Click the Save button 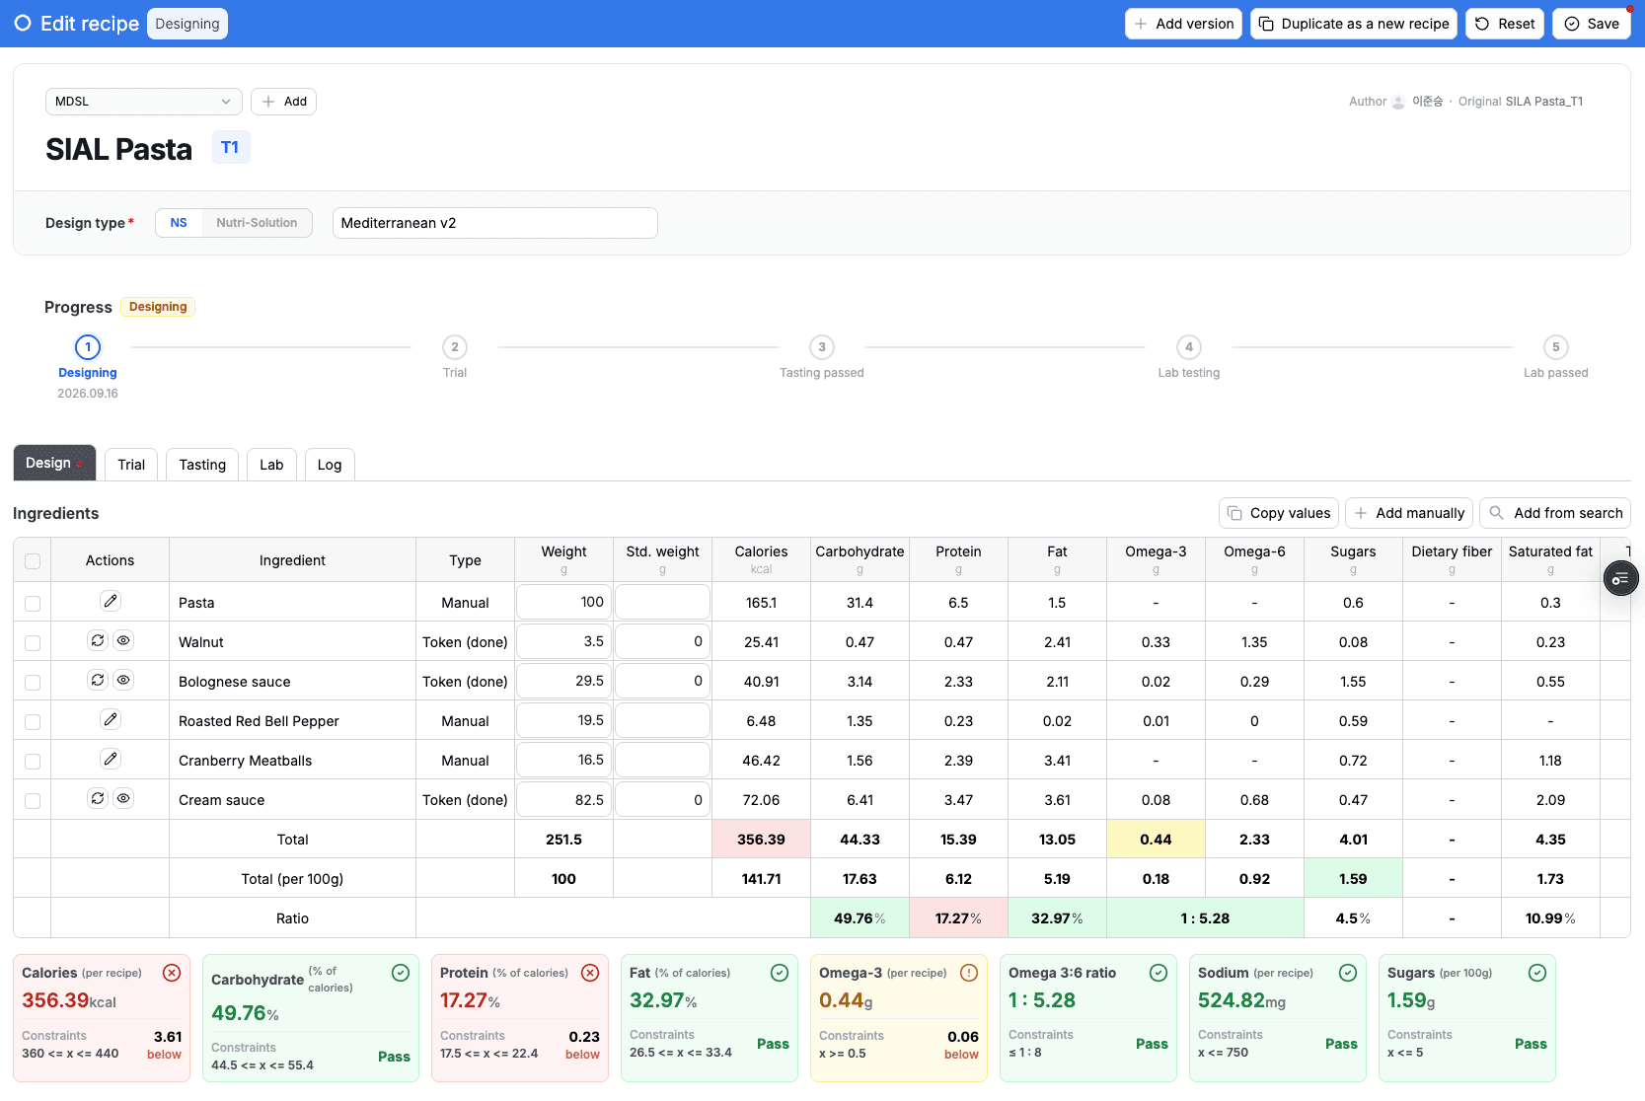click(x=1592, y=24)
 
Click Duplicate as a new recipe click(x=1354, y=24)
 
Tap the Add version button click(x=1183, y=24)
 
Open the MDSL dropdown click(x=143, y=102)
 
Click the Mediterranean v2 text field click(x=494, y=223)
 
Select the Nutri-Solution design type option click(x=257, y=223)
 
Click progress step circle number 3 click(x=821, y=347)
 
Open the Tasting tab click(x=202, y=465)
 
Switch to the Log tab click(x=329, y=465)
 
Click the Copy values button click(x=1279, y=513)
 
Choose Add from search click(x=1554, y=513)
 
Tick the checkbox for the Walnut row click(x=33, y=643)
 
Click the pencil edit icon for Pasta click(x=111, y=601)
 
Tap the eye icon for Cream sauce click(x=123, y=798)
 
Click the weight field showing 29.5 click(x=563, y=681)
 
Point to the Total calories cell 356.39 click(x=761, y=839)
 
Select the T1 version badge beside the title click(x=231, y=148)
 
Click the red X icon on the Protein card click(x=590, y=974)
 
